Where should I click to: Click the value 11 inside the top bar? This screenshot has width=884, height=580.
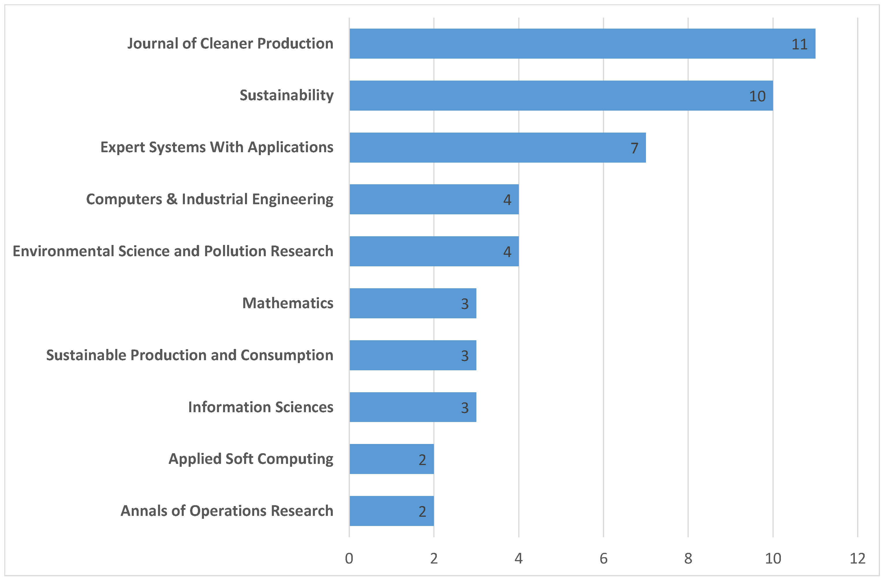tap(799, 44)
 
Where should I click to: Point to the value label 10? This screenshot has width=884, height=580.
tap(757, 96)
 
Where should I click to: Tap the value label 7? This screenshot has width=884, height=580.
tap(634, 148)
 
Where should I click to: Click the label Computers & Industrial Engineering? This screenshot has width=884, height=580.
tap(210, 199)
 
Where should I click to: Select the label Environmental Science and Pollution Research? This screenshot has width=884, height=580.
tap(173, 251)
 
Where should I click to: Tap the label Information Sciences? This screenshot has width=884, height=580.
tap(261, 407)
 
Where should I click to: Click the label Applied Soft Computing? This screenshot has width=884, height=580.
tap(251, 459)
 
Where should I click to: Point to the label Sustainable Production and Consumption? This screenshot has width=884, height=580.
tap(190, 355)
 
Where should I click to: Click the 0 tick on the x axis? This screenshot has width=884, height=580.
tap(349, 558)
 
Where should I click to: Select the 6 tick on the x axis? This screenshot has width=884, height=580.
tap(603, 558)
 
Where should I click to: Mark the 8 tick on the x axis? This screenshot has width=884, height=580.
tap(688, 558)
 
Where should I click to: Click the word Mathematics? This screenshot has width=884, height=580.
tap(288, 303)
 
